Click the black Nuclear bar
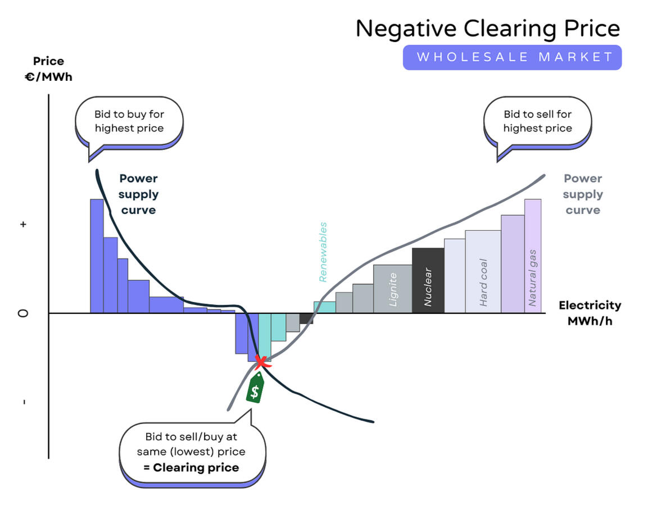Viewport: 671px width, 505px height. click(428, 280)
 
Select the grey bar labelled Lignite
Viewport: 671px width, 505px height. click(392, 289)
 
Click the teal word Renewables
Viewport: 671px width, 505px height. click(323, 252)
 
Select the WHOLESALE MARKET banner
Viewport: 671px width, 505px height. click(512, 57)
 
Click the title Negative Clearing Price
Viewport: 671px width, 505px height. click(487, 28)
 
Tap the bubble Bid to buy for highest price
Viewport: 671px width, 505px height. click(129, 121)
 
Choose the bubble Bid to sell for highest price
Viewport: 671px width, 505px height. click(537, 121)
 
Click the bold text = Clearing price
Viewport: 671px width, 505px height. click(191, 467)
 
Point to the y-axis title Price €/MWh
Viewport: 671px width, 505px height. click(48, 69)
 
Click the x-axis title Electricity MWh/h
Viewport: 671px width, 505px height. click(590, 313)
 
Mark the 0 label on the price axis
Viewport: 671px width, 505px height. click(23, 313)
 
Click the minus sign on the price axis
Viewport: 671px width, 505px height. click(23, 402)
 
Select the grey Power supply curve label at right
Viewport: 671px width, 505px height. click(582, 194)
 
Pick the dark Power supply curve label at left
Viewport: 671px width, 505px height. click(138, 194)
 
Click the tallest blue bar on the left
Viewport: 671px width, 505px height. click(97, 256)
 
